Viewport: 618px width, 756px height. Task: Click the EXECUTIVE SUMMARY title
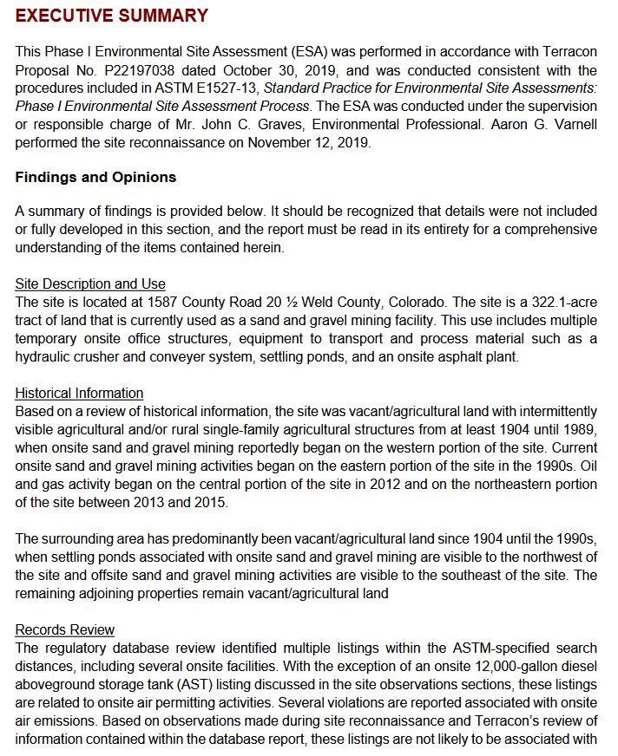pos(112,16)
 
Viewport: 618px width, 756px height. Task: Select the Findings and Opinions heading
pos(95,178)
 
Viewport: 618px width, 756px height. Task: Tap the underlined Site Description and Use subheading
pos(90,283)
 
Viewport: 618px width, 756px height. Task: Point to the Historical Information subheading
pos(79,393)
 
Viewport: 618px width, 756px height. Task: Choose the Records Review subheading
pos(65,629)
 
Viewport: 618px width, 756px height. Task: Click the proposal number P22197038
pos(150,70)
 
